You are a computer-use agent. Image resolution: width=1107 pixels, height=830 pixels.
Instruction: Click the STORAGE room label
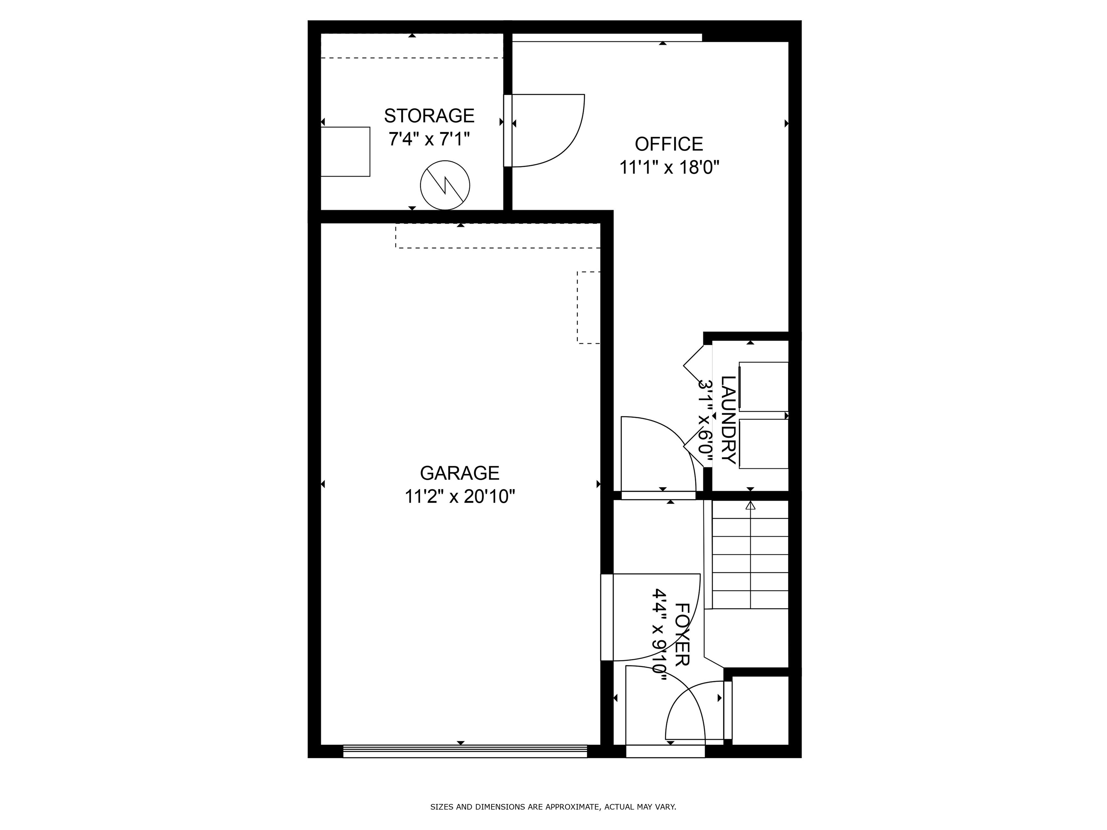[429, 116]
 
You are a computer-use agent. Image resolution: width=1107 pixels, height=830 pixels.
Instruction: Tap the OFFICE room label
[668, 144]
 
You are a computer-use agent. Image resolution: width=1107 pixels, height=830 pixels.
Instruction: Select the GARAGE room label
[459, 473]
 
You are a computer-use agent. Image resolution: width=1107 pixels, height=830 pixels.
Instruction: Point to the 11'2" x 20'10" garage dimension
[459, 497]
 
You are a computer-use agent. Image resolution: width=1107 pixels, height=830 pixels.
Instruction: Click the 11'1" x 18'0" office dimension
[669, 167]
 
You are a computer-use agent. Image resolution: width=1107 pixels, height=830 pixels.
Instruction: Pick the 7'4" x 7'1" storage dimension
[429, 139]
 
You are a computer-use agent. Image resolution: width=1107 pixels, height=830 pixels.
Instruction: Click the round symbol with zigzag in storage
[444, 185]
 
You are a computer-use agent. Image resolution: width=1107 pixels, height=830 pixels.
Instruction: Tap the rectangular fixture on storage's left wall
[345, 152]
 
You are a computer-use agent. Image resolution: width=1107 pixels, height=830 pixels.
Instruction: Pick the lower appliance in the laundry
[763, 444]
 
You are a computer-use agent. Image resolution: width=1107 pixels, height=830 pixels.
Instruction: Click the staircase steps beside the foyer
[750, 563]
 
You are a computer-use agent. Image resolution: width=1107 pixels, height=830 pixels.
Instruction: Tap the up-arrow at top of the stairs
[750, 506]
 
